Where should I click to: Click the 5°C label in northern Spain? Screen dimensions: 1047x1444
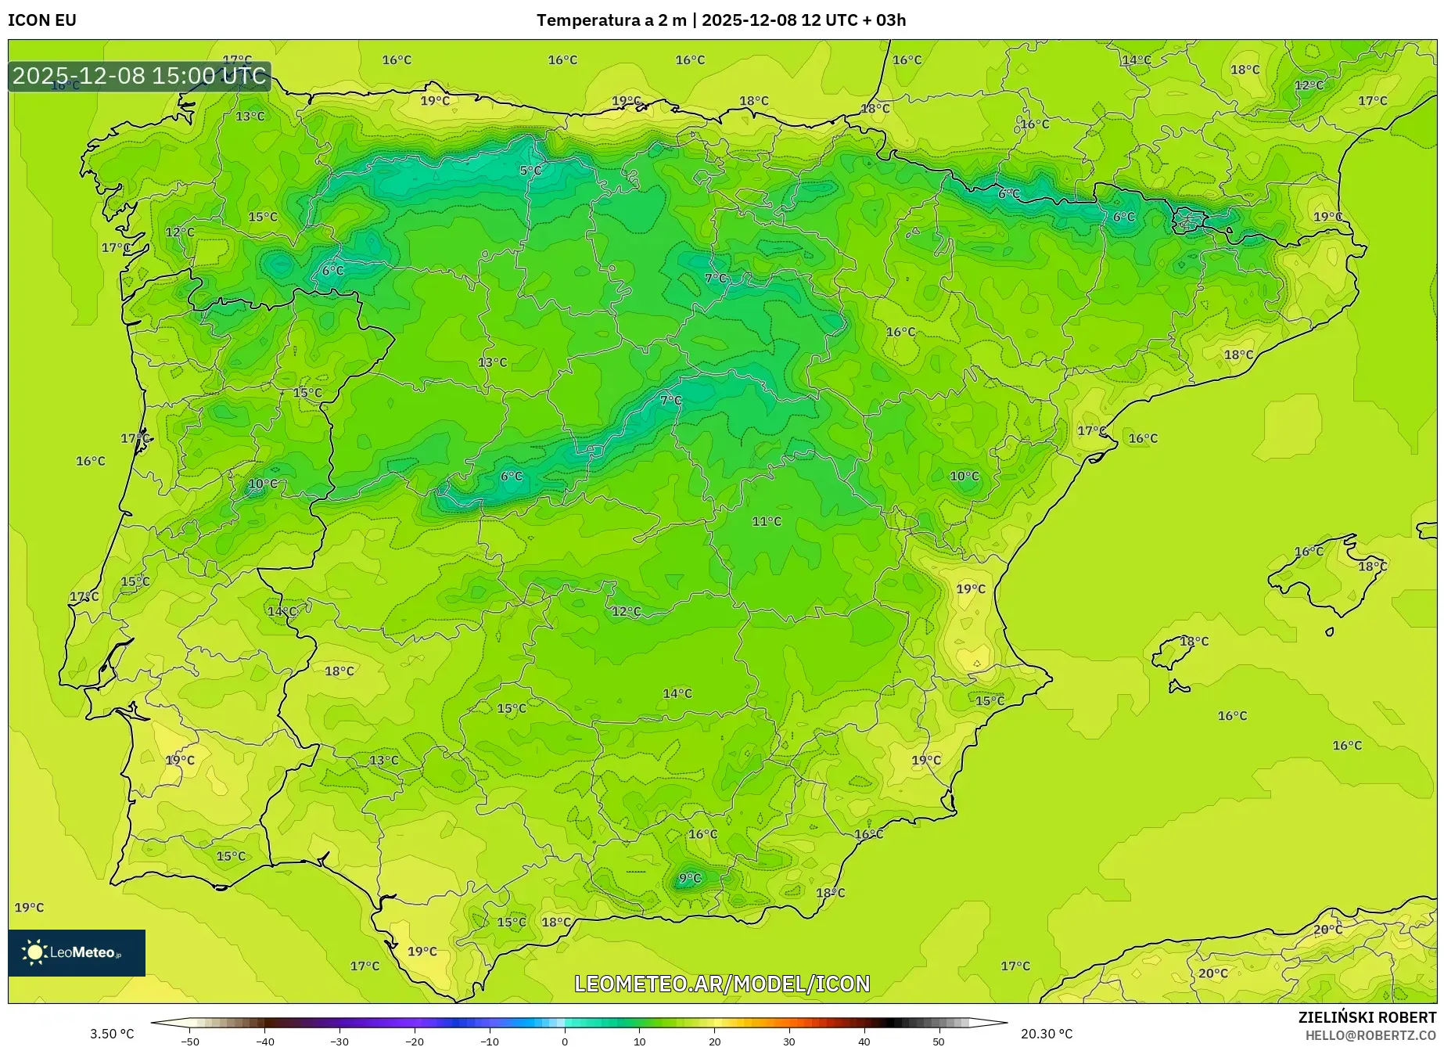[530, 171]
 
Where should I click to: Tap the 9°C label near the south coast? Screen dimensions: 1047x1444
[690, 879]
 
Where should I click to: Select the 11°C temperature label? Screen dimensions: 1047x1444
[767, 521]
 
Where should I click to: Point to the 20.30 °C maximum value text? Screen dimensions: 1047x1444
[1046, 1034]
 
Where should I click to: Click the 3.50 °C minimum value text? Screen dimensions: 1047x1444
[112, 1034]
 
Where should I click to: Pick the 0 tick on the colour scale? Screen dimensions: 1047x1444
[565, 1041]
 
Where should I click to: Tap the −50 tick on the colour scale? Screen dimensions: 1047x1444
[190, 1041]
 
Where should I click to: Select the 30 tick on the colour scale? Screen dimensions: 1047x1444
[788, 1041]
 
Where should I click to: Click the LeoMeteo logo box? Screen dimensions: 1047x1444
[77, 952]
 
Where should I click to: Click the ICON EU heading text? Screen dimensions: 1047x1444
[42, 20]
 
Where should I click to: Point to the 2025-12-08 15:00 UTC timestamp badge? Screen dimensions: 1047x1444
[139, 76]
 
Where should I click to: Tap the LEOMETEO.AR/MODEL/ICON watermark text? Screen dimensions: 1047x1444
[722, 984]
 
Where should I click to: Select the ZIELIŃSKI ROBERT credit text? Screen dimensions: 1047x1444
[1367, 1017]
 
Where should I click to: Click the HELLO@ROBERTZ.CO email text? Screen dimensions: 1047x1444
[1370, 1035]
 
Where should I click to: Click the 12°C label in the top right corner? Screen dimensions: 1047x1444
[1309, 85]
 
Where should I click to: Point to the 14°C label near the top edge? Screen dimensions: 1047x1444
[1136, 60]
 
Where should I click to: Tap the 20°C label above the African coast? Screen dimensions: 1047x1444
[1327, 930]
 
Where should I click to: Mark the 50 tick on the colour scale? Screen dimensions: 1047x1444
[938, 1041]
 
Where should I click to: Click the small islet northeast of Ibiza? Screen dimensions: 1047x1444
[1330, 631]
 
